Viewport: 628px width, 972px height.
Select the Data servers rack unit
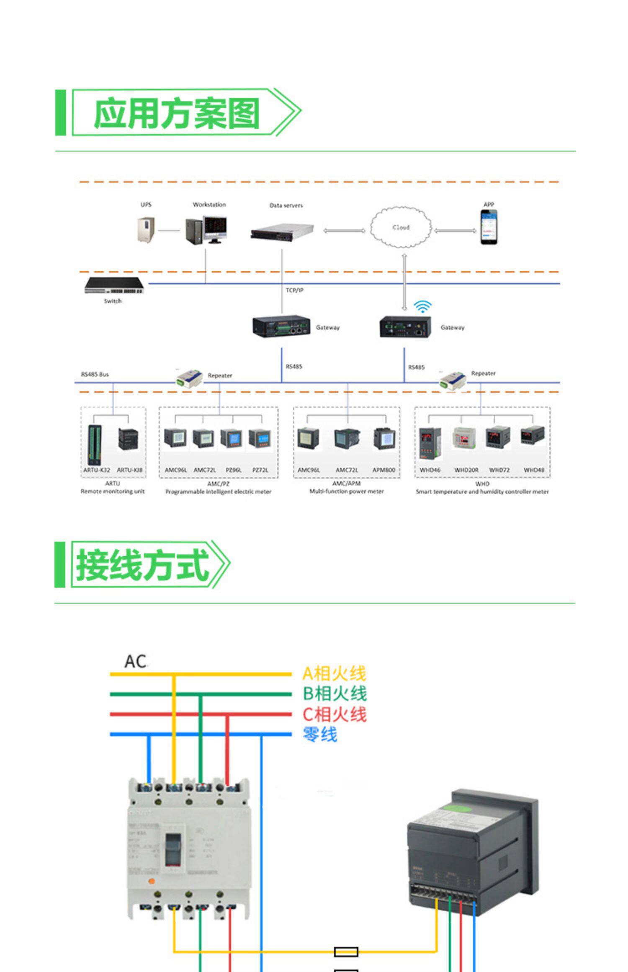click(283, 231)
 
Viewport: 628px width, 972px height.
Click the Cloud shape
click(401, 227)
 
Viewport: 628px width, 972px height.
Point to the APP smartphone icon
click(489, 227)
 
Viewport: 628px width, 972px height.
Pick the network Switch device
click(114, 285)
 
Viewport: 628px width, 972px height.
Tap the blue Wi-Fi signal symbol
click(422, 306)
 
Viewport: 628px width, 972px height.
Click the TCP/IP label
click(295, 290)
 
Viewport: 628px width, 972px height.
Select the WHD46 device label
click(430, 470)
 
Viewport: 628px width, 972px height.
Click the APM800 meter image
click(384, 439)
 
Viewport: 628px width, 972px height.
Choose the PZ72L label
click(260, 470)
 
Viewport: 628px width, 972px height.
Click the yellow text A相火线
click(334, 674)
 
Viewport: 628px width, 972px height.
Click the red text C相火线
click(335, 714)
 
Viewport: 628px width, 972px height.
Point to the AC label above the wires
click(135, 661)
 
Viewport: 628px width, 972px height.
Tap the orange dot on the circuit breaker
click(152, 881)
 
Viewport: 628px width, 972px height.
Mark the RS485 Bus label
click(95, 374)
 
